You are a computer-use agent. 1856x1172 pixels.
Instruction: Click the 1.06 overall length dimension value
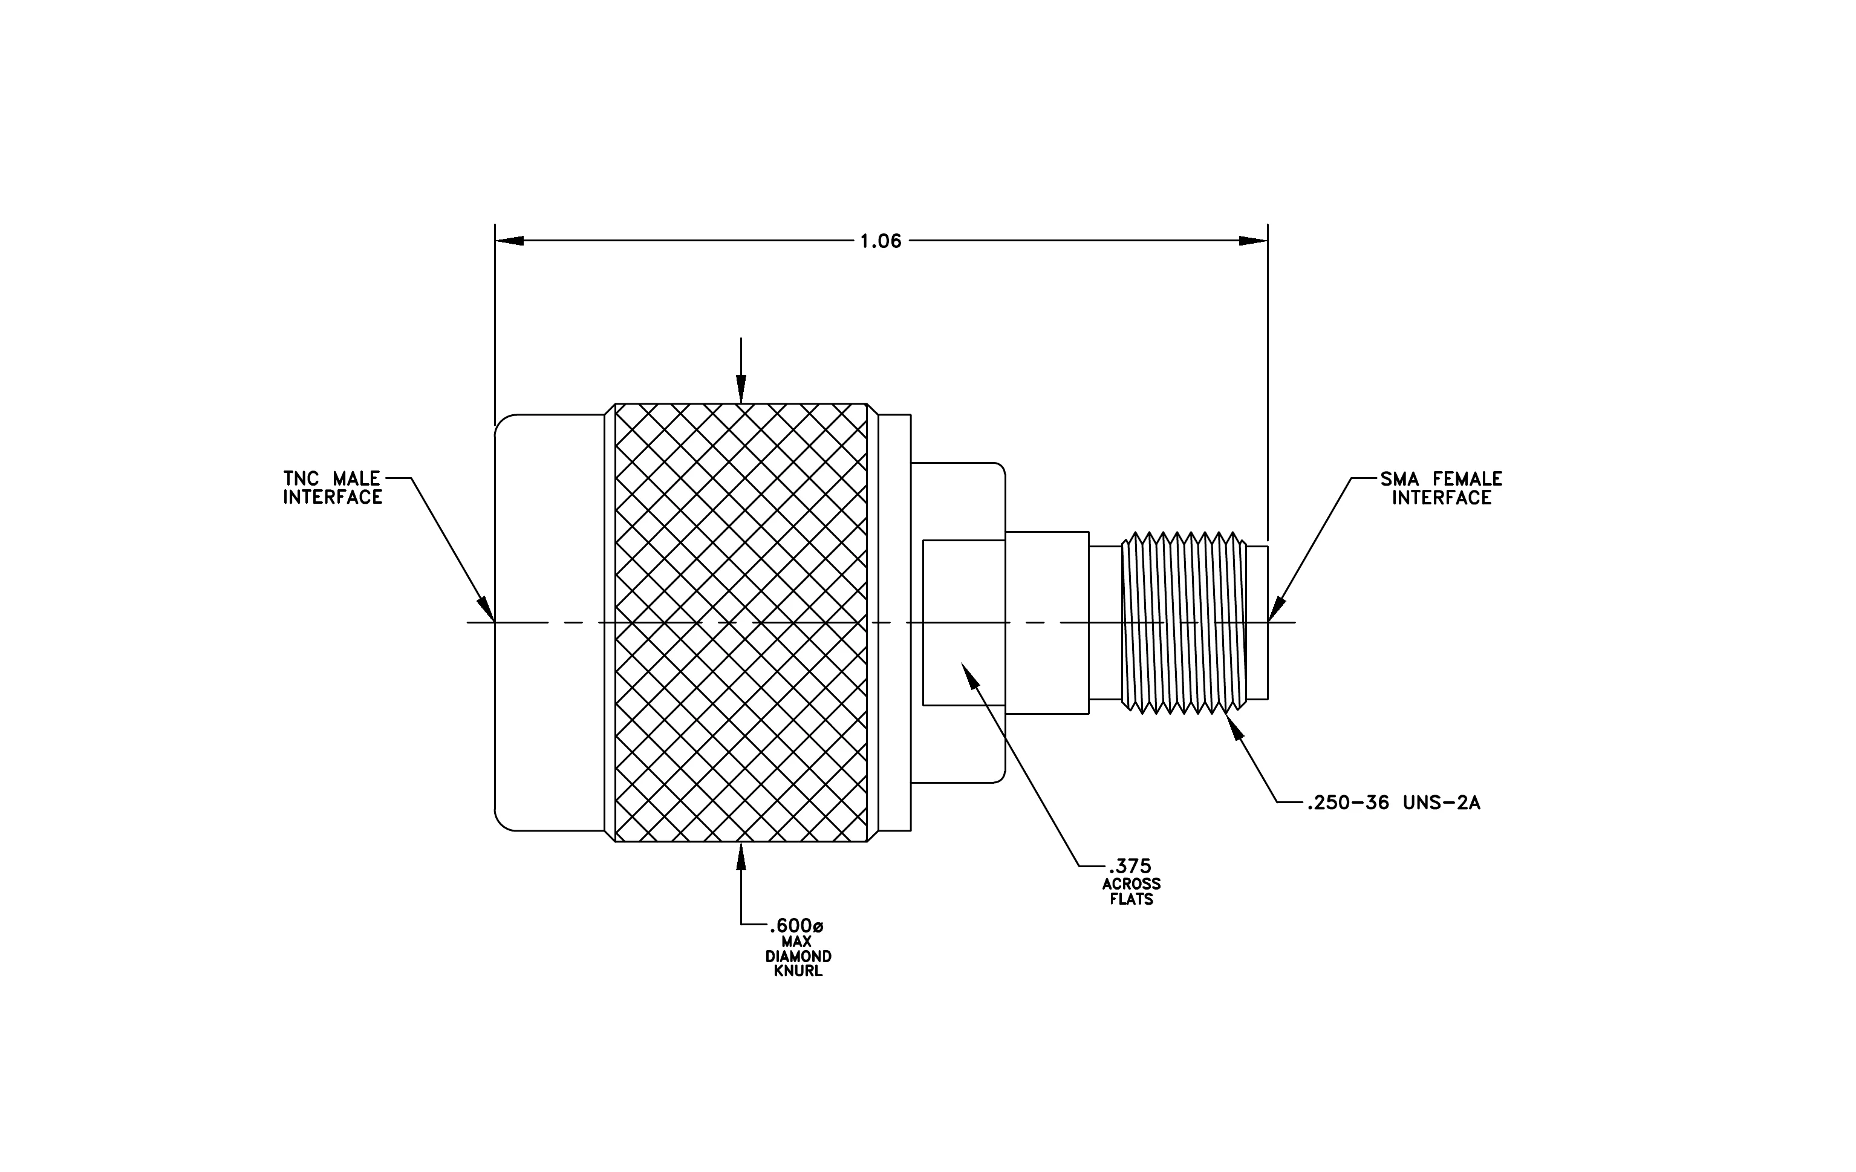click(x=881, y=241)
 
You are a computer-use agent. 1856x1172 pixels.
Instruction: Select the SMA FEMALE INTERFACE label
click(x=1441, y=489)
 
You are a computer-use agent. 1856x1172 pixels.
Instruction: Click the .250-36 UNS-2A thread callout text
click(x=1393, y=803)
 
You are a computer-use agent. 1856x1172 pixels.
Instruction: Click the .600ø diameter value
click(x=796, y=925)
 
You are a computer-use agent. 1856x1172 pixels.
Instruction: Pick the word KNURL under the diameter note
click(x=798, y=971)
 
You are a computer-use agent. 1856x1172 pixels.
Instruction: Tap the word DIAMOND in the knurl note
click(x=798, y=956)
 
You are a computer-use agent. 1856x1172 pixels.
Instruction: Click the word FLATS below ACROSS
click(x=1132, y=899)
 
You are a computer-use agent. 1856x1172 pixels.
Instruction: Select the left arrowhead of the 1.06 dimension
click(x=509, y=241)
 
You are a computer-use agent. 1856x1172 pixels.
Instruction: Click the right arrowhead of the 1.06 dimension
click(x=1253, y=241)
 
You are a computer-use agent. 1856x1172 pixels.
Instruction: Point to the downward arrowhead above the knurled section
click(x=741, y=389)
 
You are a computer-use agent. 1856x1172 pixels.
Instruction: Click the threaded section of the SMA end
click(x=1185, y=623)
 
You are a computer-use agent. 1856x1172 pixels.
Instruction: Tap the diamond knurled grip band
click(x=741, y=623)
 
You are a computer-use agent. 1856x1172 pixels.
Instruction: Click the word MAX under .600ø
click(x=796, y=942)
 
